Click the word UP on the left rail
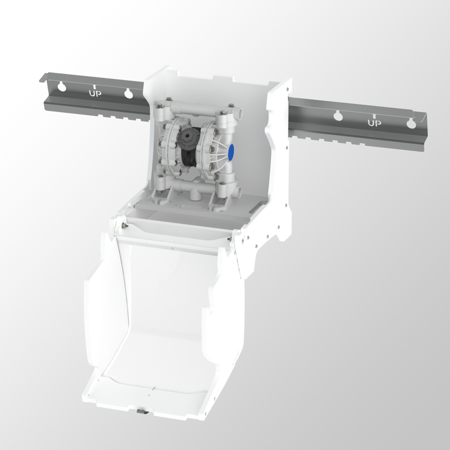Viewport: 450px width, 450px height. (95, 93)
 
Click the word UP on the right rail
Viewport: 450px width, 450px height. (374, 123)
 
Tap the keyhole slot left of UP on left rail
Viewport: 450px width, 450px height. (62, 86)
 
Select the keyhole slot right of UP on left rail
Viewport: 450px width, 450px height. (128, 93)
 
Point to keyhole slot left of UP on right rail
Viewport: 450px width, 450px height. (338, 115)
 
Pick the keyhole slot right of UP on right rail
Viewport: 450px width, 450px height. (411, 123)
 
